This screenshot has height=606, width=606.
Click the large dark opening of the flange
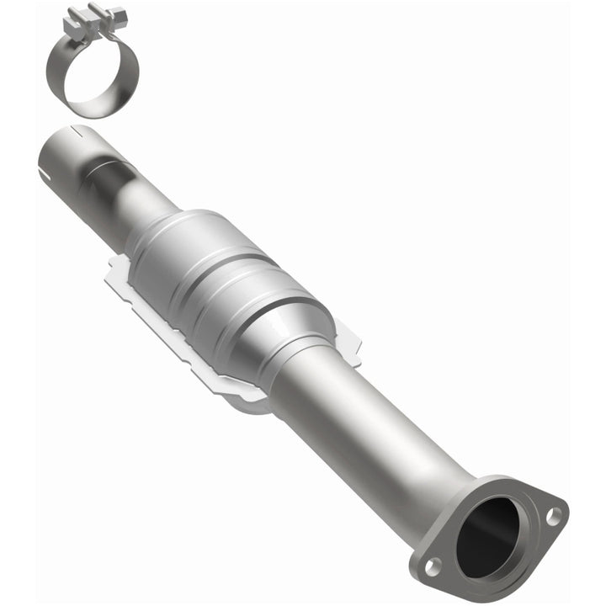492,539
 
